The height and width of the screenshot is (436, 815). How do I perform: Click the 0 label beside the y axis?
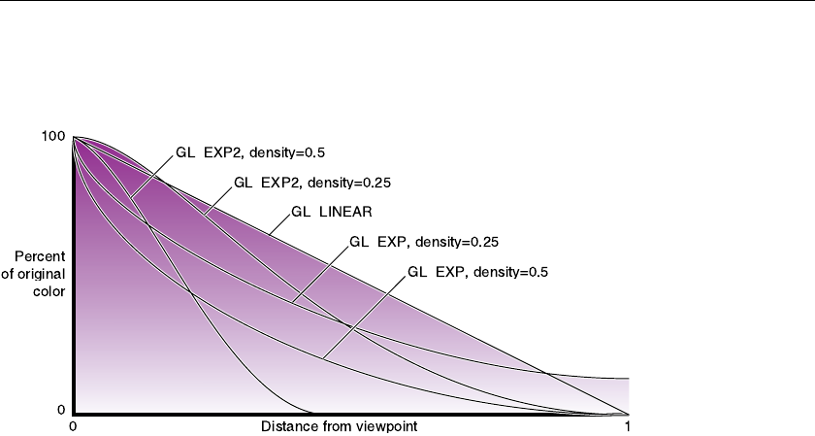pos(61,411)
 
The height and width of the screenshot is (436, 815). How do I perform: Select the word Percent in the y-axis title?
pos(40,257)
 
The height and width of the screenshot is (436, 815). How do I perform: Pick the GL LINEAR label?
pos(333,212)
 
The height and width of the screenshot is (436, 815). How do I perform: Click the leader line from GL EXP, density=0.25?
pos(319,274)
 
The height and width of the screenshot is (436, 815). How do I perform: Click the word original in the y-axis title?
pos(39,273)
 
